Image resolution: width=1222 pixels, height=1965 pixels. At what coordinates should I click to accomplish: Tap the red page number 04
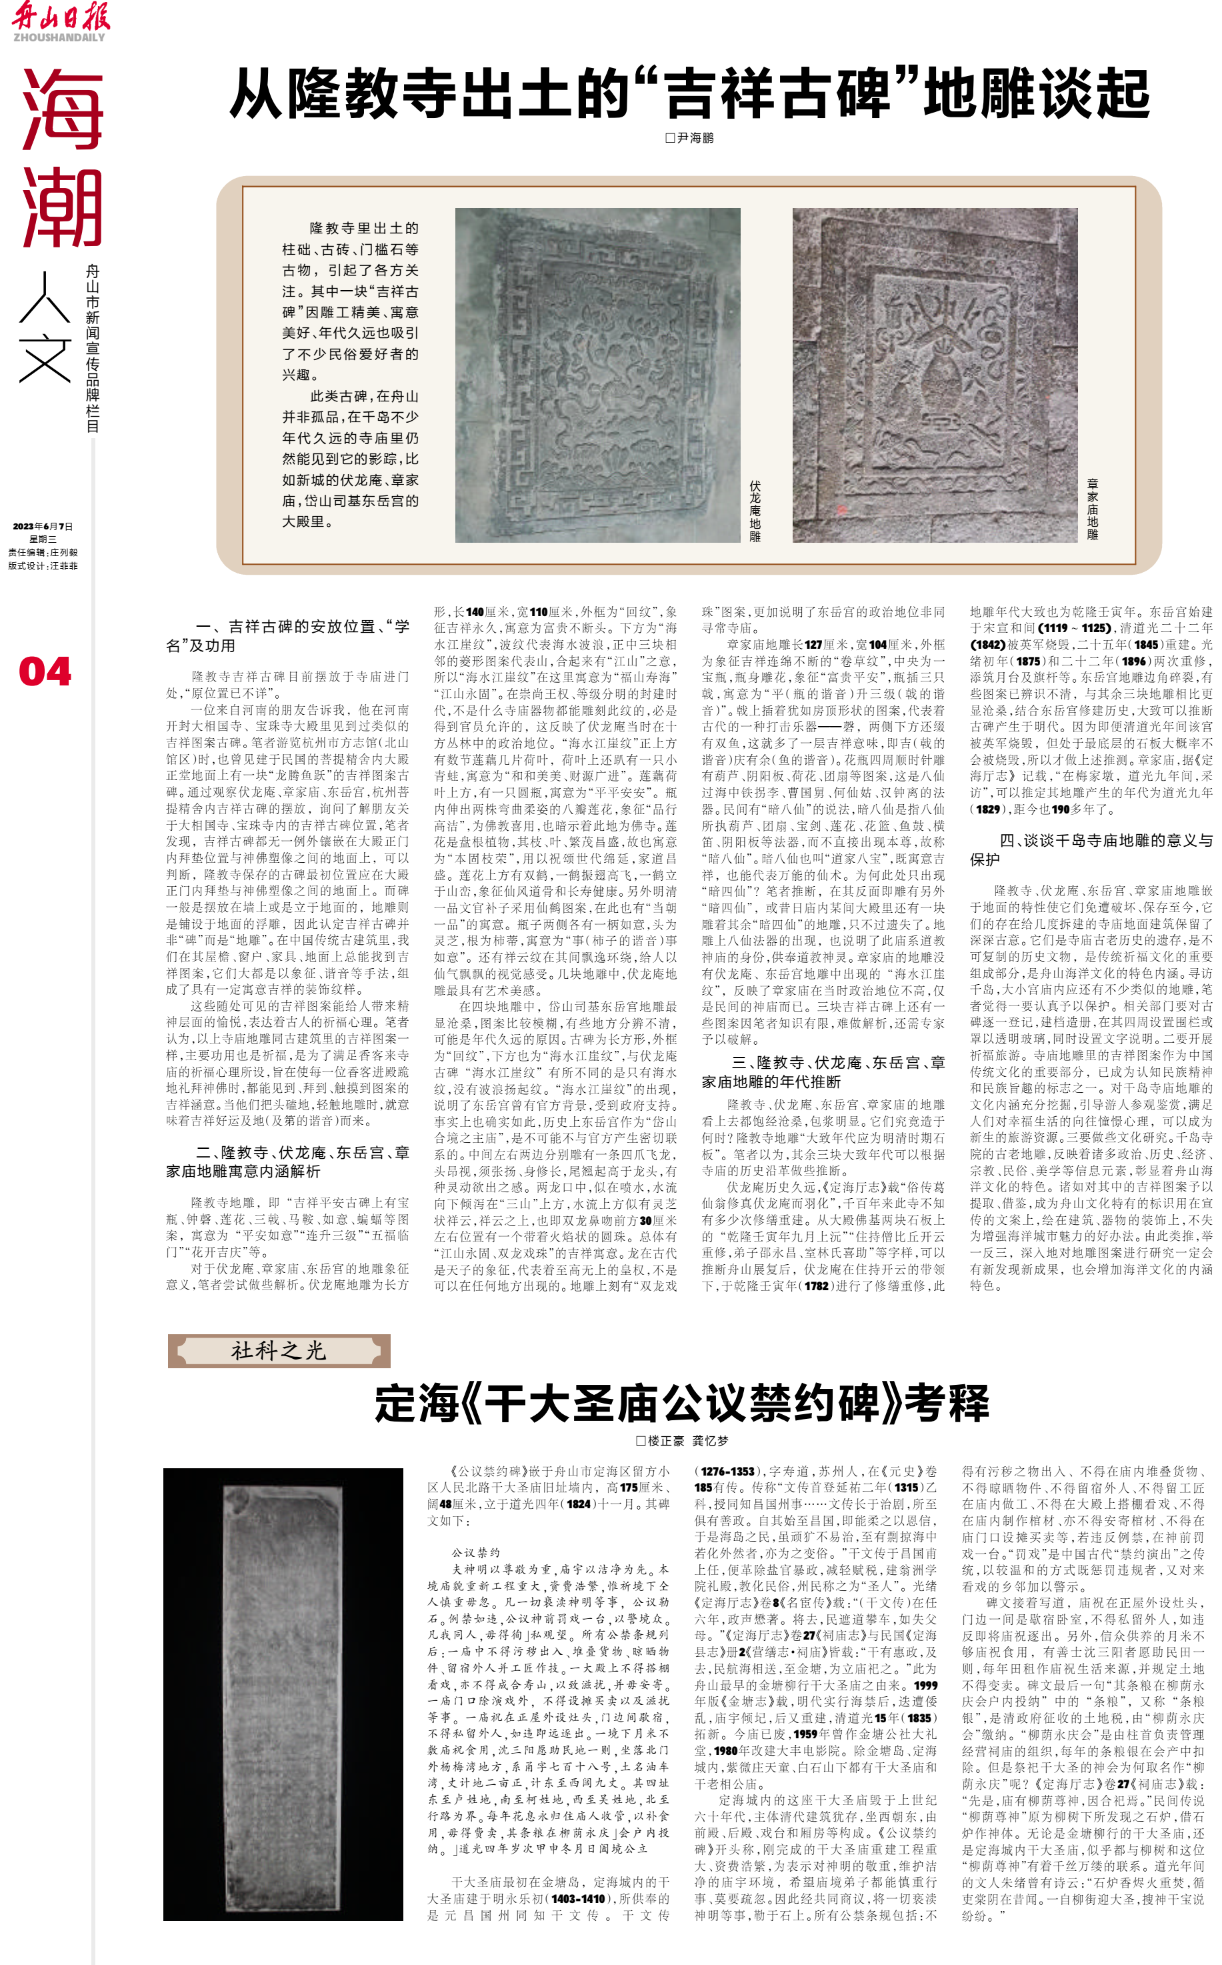click(x=45, y=671)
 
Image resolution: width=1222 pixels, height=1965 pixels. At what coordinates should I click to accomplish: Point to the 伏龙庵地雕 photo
click(x=597, y=375)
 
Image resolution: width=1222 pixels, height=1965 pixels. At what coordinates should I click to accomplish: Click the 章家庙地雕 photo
click(x=934, y=375)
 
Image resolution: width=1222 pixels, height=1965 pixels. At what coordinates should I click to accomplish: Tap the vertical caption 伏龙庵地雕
click(x=755, y=511)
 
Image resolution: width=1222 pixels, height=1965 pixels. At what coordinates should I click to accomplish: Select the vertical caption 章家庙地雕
click(x=1092, y=509)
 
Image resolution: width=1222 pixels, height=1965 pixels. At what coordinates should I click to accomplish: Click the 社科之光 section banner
click(x=279, y=1351)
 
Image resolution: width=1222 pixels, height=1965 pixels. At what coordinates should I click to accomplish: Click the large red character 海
click(x=62, y=109)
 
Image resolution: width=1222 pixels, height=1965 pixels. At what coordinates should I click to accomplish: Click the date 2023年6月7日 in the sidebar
click(x=43, y=526)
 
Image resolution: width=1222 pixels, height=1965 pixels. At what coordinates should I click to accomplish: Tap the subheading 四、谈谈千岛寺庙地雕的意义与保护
click(x=1091, y=849)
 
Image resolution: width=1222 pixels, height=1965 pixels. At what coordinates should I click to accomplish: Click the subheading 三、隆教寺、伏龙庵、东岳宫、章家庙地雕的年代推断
click(x=823, y=1072)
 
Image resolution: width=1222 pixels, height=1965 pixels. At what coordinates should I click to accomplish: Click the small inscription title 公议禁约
click(x=476, y=1553)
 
